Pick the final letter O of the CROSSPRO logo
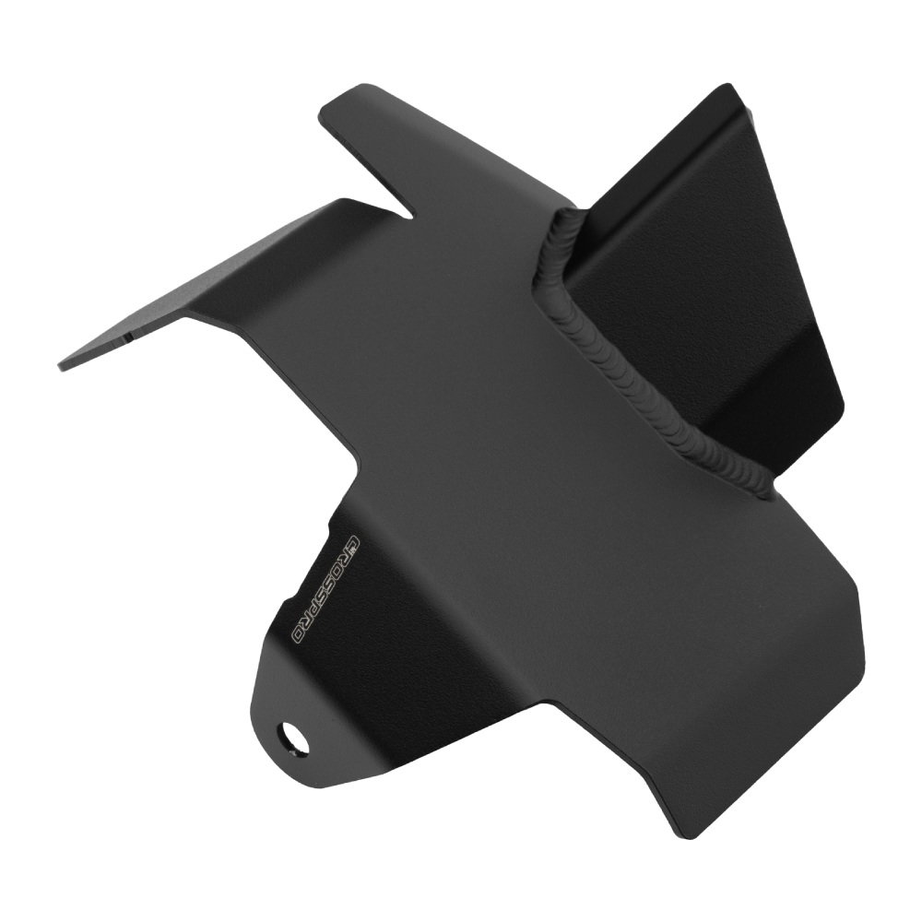(300, 636)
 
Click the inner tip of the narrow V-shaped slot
(413, 215)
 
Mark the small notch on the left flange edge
(128, 337)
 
